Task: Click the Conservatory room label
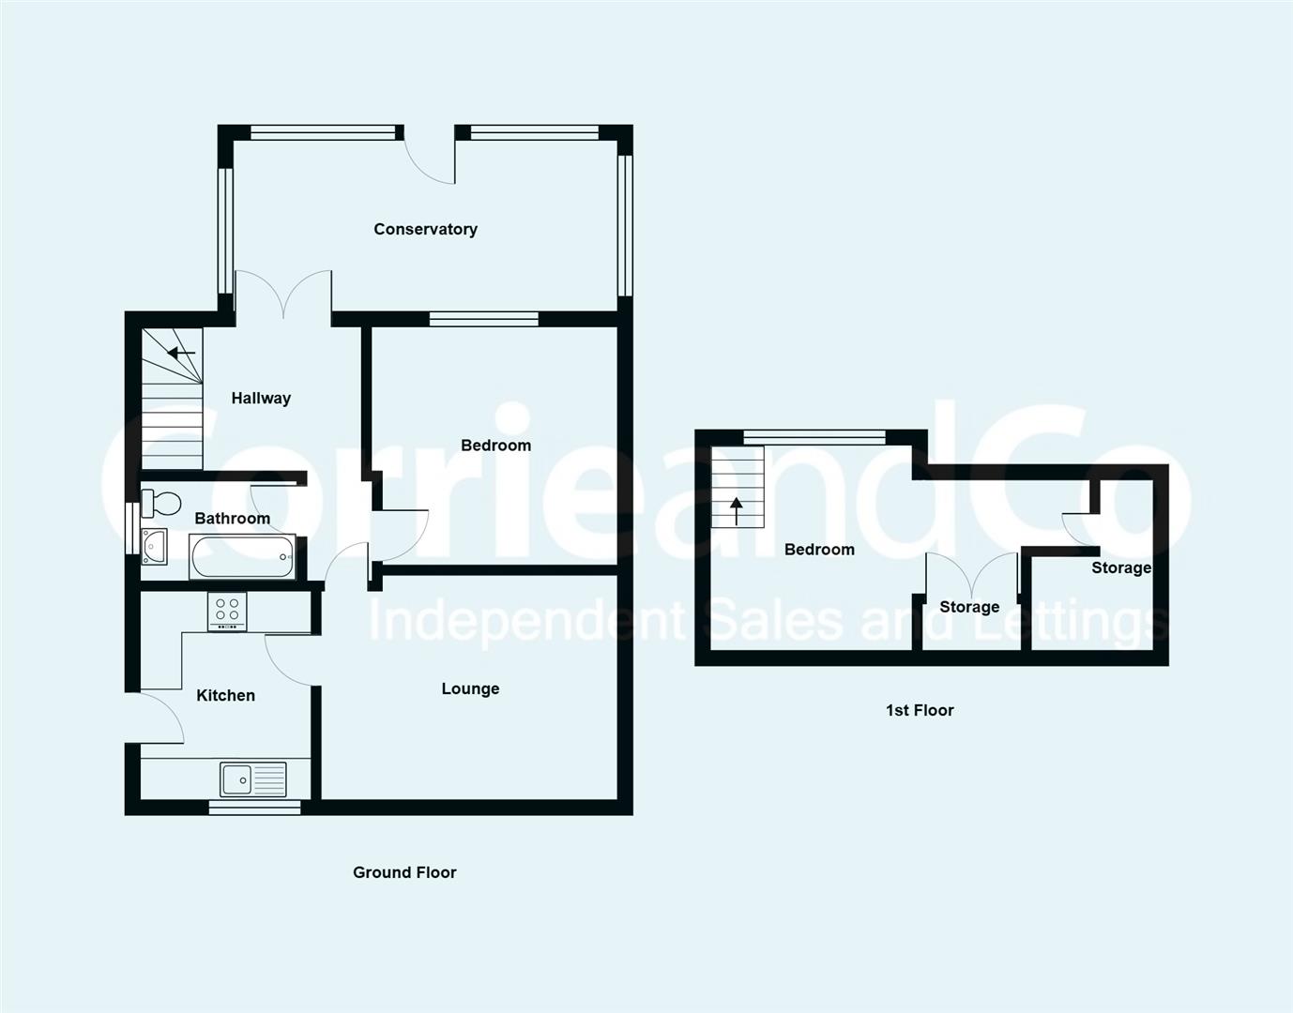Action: click(425, 229)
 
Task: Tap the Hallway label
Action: click(261, 398)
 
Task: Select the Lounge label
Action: click(470, 688)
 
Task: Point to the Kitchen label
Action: click(225, 695)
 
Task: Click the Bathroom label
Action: click(232, 518)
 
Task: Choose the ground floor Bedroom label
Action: click(495, 445)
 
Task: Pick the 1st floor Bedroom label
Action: click(819, 549)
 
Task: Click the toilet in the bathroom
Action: click(160, 504)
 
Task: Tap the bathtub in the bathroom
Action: click(243, 556)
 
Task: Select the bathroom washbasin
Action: click(153, 546)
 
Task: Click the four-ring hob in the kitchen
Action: click(227, 612)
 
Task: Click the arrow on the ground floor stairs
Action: click(181, 354)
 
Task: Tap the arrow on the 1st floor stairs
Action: click(737, 509)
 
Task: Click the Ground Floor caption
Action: click(404, 872)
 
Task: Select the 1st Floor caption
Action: click(920, 710)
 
